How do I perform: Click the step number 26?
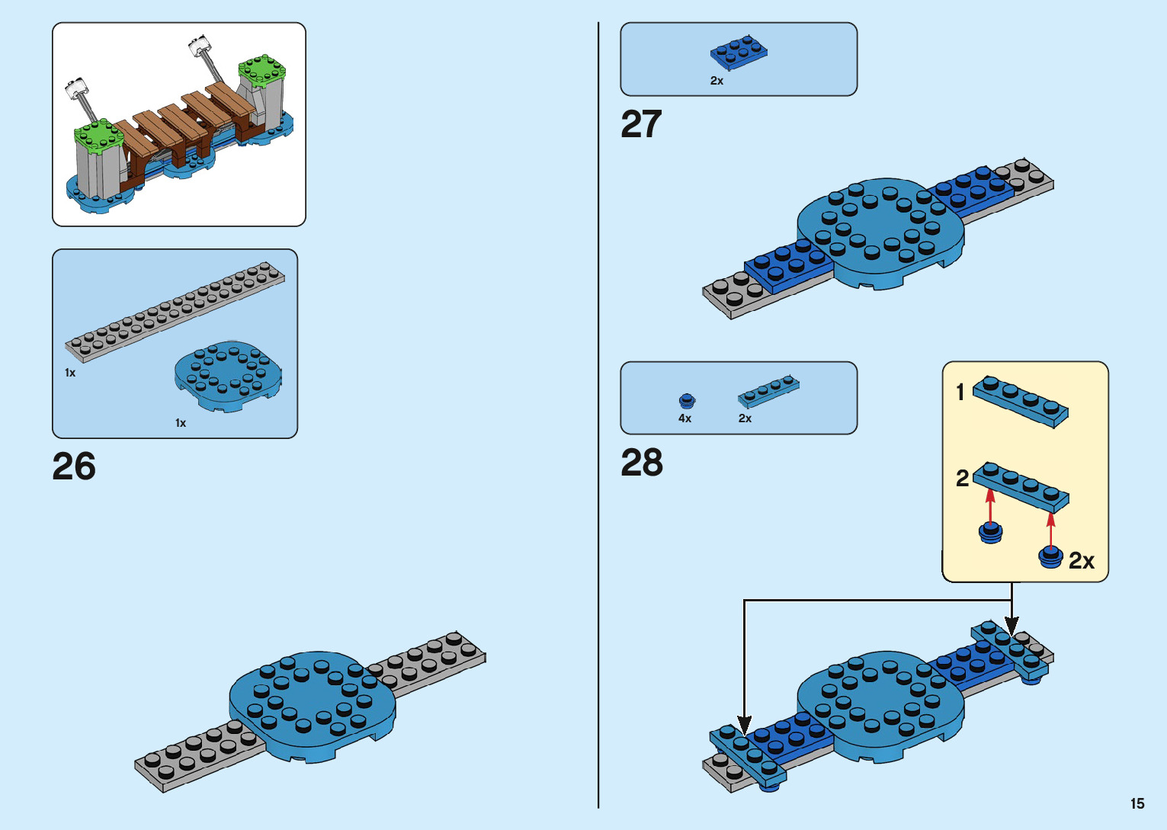[74, 466]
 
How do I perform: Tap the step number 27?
[641, 124]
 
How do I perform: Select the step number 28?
[642, 463]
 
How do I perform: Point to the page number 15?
[1137, 803]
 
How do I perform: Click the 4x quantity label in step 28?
[684, 418]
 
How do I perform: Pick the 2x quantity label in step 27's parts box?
[717, 81]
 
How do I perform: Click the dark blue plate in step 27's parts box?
[739, 53]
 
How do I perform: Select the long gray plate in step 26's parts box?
[175, 311]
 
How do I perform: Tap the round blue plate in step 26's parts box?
[227, 375]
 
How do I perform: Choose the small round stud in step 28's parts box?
[687, 400]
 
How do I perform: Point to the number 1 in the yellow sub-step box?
[960, 393]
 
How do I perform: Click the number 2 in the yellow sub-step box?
[962, 479]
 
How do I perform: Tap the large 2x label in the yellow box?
[1081, 561]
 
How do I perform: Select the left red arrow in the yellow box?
[990, 506]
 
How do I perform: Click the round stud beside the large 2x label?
[1050, 557]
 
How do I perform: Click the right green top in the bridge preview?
[262, 71]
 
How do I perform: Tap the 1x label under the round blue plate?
[181, 423]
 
